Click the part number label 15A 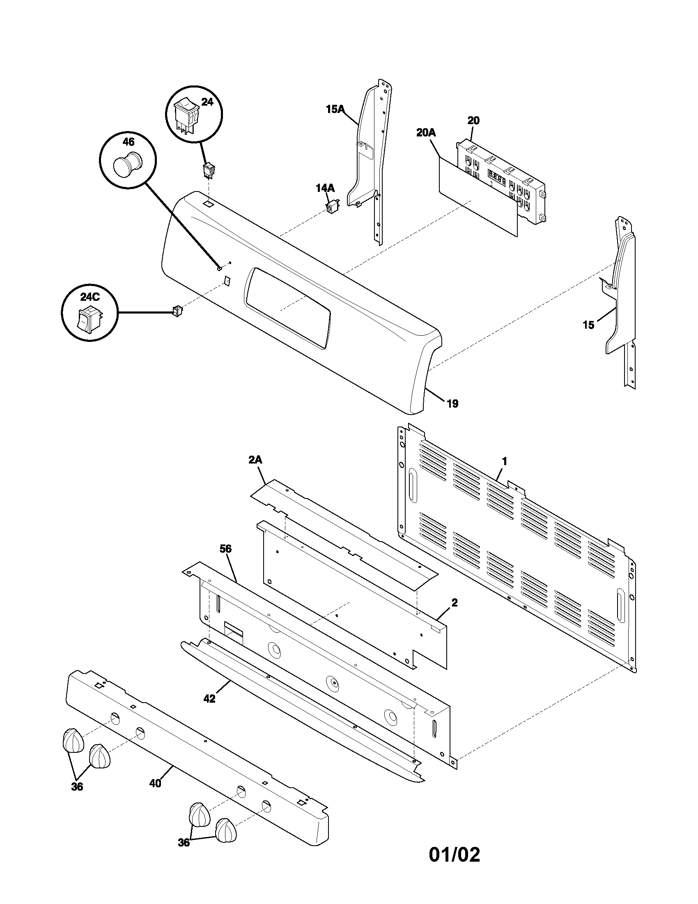tap(335, 109)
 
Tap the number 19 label tap(452, 404)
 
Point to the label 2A tap(255, 460)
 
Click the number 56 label tap(225, 549)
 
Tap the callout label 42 tap(209, 698)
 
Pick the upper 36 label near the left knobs tap(77, 787)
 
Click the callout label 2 tap(454, 603)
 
